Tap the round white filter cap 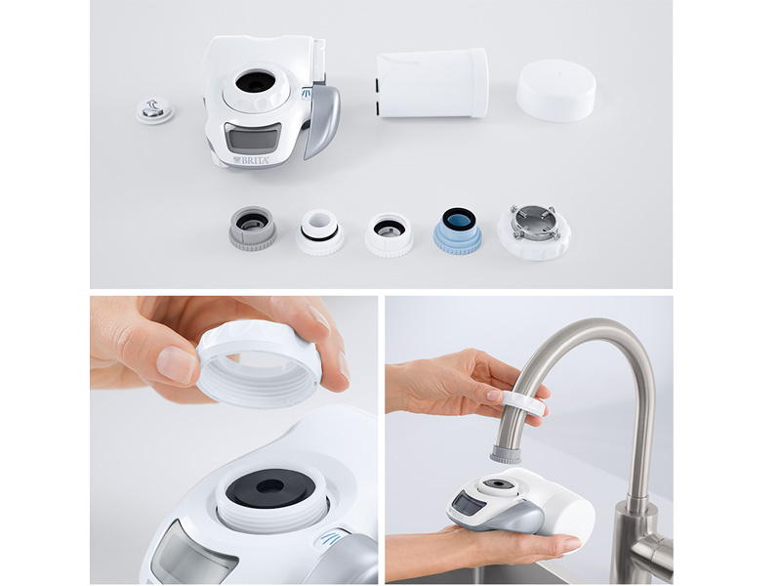click(x=555, y=90)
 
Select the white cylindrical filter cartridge click(x=432, y=83)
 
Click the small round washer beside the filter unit click(x=154, y=111)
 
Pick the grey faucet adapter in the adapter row click(x=252, y=228)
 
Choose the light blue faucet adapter click(x=457, y=230)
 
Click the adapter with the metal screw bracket click(x=533, y=230)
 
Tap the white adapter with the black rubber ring click(x=319, y=232)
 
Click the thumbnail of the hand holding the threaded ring click(x=234, y=439)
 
